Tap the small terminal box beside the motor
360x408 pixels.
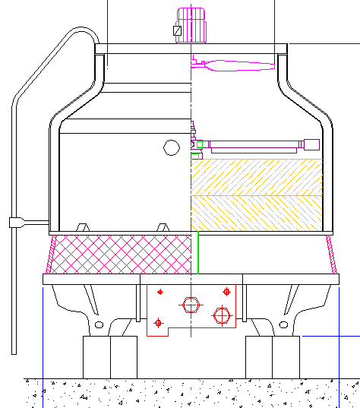tap(177, 31)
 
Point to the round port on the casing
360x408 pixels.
tap(171, 147)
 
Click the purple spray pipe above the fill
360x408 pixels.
tap(254, 144)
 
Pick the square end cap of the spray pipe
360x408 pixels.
tap(311, 144)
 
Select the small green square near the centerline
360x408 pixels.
tap(199, 144)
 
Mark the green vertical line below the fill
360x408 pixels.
tap(197, 252)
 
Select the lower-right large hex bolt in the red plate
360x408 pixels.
tap(221, 315)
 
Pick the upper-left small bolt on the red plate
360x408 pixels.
tap(159, 292)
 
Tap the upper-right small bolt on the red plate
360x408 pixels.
tap(226, 291)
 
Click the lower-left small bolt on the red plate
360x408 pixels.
tap(158, 323)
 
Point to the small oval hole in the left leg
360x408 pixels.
tap(99, 324)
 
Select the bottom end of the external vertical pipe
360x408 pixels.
tap(14, 352)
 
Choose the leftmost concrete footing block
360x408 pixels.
tap(96, 356)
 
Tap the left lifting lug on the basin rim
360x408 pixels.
tap(82, 227)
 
